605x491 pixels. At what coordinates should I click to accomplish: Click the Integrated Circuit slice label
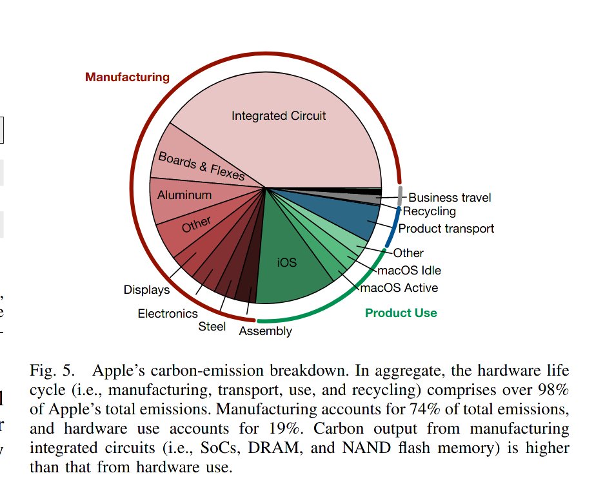[279, 115]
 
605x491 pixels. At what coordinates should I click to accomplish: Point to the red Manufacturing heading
[127, 77]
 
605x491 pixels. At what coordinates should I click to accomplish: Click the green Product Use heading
[401, 313]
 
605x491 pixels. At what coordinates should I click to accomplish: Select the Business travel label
[450, 198]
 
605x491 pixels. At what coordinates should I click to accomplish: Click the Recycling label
[429, 211]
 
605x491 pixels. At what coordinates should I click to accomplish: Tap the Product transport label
[446, 229]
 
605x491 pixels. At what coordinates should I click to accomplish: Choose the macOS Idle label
[409, 271]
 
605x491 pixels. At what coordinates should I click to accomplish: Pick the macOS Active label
[399, 288]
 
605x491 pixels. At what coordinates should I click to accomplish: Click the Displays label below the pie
[146, 290]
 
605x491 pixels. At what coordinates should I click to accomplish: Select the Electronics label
[168, 314]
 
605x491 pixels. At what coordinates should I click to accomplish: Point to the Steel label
[212, 327]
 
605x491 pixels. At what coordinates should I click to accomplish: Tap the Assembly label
[266, 331]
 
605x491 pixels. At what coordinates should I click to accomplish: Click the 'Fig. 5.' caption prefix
[52, 371]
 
